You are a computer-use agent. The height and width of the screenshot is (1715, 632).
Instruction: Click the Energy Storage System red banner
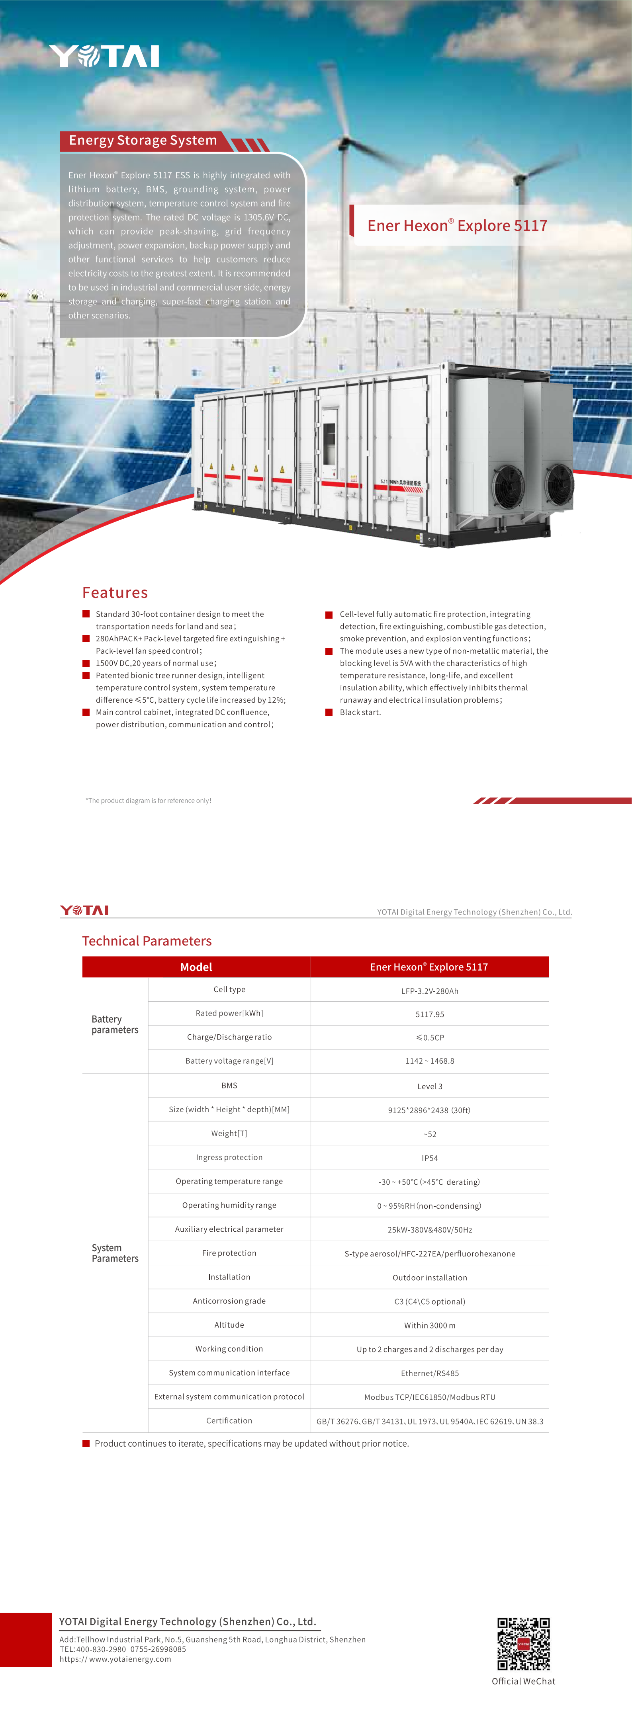coord(143,141)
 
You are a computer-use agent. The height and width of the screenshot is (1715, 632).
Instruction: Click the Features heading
coord(115,592)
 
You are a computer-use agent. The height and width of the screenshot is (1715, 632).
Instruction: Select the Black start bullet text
coord(360,712)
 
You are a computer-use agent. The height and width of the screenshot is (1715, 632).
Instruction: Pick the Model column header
coord(196,967)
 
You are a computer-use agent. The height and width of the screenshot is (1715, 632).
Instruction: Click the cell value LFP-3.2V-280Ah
coord(430,990)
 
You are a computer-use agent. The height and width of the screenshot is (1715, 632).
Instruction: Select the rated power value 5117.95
coord(430,1014)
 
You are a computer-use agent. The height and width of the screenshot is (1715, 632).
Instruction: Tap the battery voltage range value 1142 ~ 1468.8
coord(430,1061)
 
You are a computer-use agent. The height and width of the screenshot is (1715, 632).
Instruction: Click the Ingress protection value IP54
coord(430,1158)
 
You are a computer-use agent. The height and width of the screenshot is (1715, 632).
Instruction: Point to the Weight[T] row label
coord(229,1133)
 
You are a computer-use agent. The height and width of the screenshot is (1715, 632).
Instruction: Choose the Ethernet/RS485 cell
coord(430,1373)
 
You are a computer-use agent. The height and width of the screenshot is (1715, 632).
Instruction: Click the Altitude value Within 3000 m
coord(430,1325)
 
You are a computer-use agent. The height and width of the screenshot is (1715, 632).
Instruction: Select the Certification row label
coord(229,1420)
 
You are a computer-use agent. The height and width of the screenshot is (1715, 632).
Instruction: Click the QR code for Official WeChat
coord(523,1644)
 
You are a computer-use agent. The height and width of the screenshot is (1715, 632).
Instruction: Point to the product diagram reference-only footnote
coord(149,800)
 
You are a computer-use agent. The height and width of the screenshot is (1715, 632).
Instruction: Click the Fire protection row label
coord(229,1253)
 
